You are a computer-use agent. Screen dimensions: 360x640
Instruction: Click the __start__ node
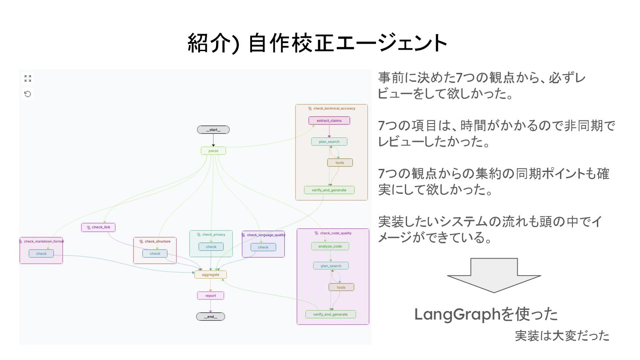pos(213,130)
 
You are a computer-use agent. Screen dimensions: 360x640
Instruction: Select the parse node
pos(213,151)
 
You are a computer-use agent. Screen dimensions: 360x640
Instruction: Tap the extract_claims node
pos(329,120)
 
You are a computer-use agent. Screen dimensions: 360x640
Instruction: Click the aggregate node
pos(211,275)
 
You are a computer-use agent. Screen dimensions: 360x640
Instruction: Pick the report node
pos(211,296)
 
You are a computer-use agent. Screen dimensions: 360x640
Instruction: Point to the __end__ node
pos(211,316)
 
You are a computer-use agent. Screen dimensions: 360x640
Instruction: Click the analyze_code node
pos(330,246)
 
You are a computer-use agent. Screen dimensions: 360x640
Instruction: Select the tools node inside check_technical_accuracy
pos(340,163)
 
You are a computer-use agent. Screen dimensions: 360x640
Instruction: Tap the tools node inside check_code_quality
pos(341,287)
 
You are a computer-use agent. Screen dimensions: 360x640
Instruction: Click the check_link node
pos(99,228)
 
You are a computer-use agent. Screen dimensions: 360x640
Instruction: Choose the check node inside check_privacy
pos(211,247)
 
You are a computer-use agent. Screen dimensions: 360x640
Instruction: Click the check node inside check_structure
pos(155,254)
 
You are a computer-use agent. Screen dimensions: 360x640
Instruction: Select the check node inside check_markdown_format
pos(41,253)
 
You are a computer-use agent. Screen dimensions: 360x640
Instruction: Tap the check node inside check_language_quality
pos(263,247)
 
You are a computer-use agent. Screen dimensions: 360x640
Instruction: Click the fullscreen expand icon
pos(28,79)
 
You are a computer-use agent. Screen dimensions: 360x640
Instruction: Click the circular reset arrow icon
pos(28,94)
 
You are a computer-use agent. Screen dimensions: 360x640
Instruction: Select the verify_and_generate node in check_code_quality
pos(331,314)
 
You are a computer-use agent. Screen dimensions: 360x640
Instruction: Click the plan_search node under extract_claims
pos(329,142)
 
